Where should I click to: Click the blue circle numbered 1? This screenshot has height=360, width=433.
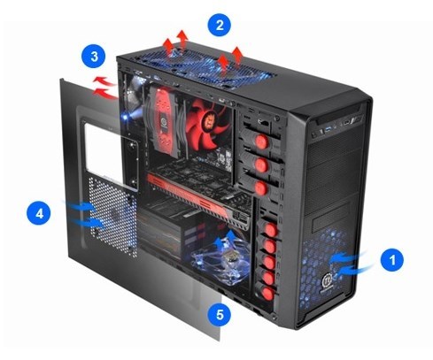(391, 260)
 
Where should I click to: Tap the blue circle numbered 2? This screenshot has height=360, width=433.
(220, 25)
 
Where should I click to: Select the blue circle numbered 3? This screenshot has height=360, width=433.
(94, 56)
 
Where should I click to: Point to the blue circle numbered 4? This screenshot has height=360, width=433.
(39, 213)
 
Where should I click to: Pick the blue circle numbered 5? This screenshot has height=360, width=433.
(220, 314)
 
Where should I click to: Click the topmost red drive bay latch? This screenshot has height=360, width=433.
(260, 142)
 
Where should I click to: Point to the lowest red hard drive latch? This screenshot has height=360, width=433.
(267, 294)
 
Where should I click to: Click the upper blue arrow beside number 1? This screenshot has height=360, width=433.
(348, 257)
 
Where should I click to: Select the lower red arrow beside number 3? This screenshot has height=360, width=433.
(104, 94)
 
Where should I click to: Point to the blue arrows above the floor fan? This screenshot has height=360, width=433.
(226, 239)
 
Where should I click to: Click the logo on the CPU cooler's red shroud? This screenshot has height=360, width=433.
(163, 122)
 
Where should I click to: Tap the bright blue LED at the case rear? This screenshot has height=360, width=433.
(126, 117)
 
